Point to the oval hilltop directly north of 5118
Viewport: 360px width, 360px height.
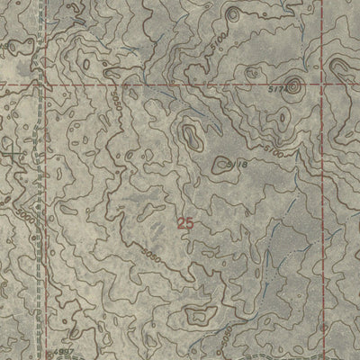tap(190, 136)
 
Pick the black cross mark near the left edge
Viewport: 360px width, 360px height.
tap(11, 155)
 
